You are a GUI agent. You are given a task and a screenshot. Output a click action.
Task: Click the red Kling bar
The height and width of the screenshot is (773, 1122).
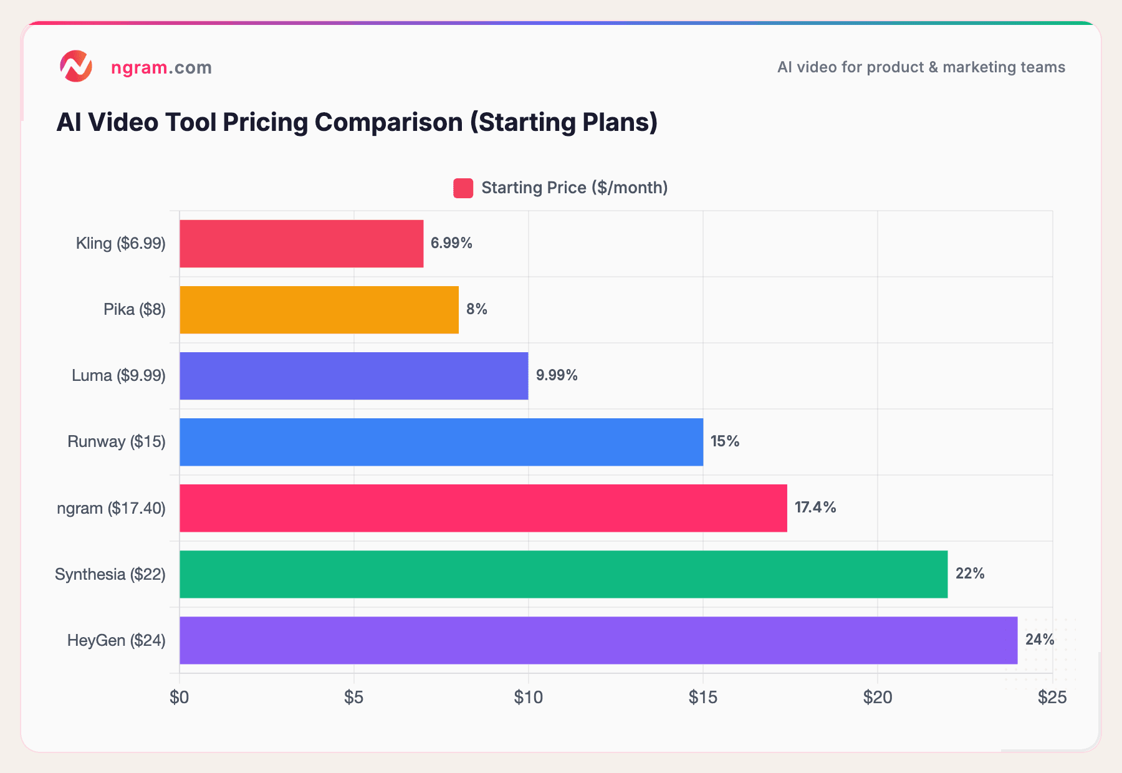(301, 244)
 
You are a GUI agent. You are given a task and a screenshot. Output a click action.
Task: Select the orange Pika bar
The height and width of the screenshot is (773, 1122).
(319, 310)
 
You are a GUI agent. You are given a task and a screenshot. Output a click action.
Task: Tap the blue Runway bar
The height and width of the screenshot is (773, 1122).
(441, 442)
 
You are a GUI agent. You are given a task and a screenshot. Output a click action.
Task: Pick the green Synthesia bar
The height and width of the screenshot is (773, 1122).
(563, 574)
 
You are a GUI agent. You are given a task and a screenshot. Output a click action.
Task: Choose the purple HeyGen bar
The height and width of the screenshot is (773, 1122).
(598, 640)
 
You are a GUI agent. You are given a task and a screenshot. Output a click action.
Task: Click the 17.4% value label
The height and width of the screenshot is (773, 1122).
(815, 507)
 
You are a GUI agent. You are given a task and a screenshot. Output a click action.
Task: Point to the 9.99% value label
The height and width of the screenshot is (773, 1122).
(557, 375)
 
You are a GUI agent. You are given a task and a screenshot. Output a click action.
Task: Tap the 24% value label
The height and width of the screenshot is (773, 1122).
(1039, 640)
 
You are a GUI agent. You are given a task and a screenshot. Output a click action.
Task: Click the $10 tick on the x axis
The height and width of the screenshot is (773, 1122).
(528, 698)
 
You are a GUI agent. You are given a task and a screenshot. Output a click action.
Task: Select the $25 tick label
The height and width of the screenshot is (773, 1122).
(1052, 698)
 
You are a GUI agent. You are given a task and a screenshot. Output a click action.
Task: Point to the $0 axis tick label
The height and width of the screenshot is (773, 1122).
(180, 698)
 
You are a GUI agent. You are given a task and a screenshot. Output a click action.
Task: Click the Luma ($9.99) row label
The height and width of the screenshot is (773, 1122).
(118, 375)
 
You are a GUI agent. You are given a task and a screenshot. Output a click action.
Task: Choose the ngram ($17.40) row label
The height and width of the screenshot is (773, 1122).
(111, 508)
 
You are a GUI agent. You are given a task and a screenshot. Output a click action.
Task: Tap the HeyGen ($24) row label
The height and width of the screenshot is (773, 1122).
(116, 640)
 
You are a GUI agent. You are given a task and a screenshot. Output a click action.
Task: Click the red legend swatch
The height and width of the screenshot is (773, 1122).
(463, 188)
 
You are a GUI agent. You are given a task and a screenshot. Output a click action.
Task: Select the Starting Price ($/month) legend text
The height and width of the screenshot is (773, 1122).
(574, 188)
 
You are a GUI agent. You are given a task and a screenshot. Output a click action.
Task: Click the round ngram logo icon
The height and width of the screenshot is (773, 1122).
(76, 67)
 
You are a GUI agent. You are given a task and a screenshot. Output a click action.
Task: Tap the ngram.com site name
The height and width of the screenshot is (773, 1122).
(161, 67)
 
